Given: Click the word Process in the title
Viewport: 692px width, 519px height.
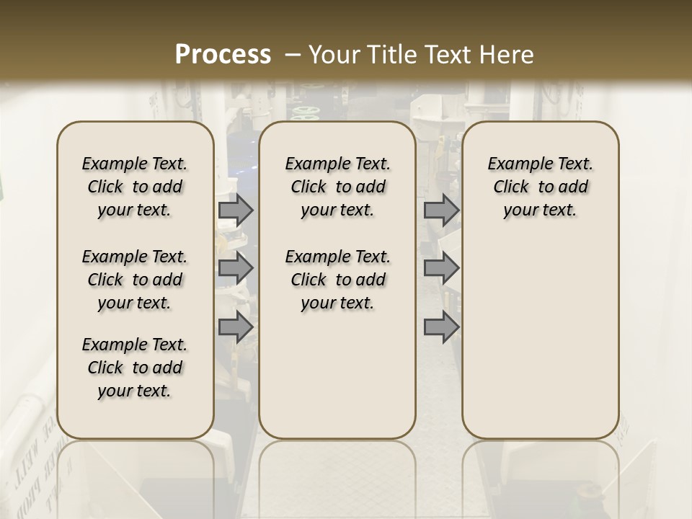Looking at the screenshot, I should [223, 55].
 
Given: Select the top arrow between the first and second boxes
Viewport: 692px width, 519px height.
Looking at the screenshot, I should [236, 210].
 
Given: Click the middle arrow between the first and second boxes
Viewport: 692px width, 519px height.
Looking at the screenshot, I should [236, 268].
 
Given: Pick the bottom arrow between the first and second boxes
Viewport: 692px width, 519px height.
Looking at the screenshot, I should [236, 328].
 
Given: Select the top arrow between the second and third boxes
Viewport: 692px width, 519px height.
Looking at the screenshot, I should [441, 210].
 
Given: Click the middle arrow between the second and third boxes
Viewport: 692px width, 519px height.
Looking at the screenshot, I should [441, 268].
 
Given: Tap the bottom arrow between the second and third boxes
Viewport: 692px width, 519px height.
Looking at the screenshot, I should [441, 328].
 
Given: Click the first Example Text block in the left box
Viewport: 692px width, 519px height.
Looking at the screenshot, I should [135, 187].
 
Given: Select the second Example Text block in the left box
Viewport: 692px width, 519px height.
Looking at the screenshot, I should [135, 280].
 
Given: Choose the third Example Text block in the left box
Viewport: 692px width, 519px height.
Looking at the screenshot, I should [135, 368].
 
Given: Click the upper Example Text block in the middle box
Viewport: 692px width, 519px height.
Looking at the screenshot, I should [338, 187].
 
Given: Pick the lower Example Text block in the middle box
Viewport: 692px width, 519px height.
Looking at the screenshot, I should [338, 280].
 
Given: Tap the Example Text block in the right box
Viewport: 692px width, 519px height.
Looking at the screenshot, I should [541, 187].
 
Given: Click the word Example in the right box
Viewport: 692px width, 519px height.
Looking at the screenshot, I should [516, 164].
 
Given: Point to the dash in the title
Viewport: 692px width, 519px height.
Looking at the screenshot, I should [293, 55].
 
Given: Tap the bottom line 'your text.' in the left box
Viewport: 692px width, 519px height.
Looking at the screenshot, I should [135, 391].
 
